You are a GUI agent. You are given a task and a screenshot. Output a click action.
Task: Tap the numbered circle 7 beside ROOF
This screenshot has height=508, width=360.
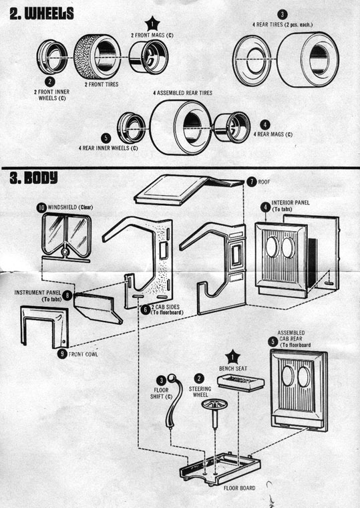(x=251, y=182)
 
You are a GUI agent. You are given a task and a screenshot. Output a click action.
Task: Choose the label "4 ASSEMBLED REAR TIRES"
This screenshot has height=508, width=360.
(x=184, y=92)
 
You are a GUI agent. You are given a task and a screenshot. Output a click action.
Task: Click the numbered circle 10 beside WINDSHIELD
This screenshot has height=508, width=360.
(x=42, y=208)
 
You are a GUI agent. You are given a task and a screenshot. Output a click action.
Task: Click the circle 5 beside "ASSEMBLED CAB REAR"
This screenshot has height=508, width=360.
(x=272, y=342)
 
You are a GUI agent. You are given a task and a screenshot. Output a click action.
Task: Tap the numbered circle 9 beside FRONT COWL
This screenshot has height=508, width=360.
(x=62, y=354)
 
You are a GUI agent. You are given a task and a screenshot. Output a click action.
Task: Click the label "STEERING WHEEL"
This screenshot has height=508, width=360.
(x=200, y=389)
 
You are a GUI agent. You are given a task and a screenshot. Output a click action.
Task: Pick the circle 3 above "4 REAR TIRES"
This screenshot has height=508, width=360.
(x=283, y=13)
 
